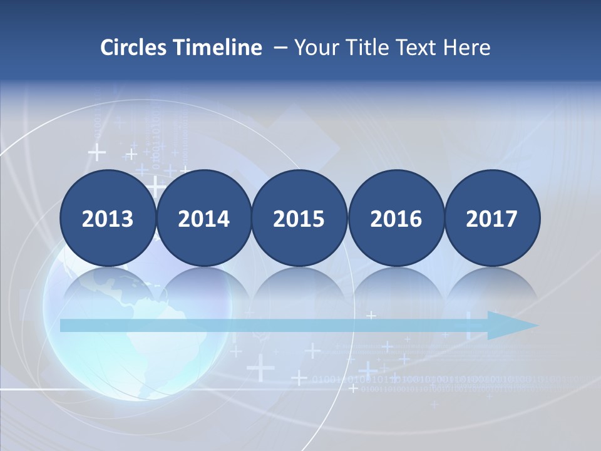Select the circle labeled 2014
click(x=204, y=218)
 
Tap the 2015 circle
click(x=299, y=218)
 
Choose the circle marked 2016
click(x=396, y=218)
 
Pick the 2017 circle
click(x=492, y=218)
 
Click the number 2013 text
click(x=108, y=219)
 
